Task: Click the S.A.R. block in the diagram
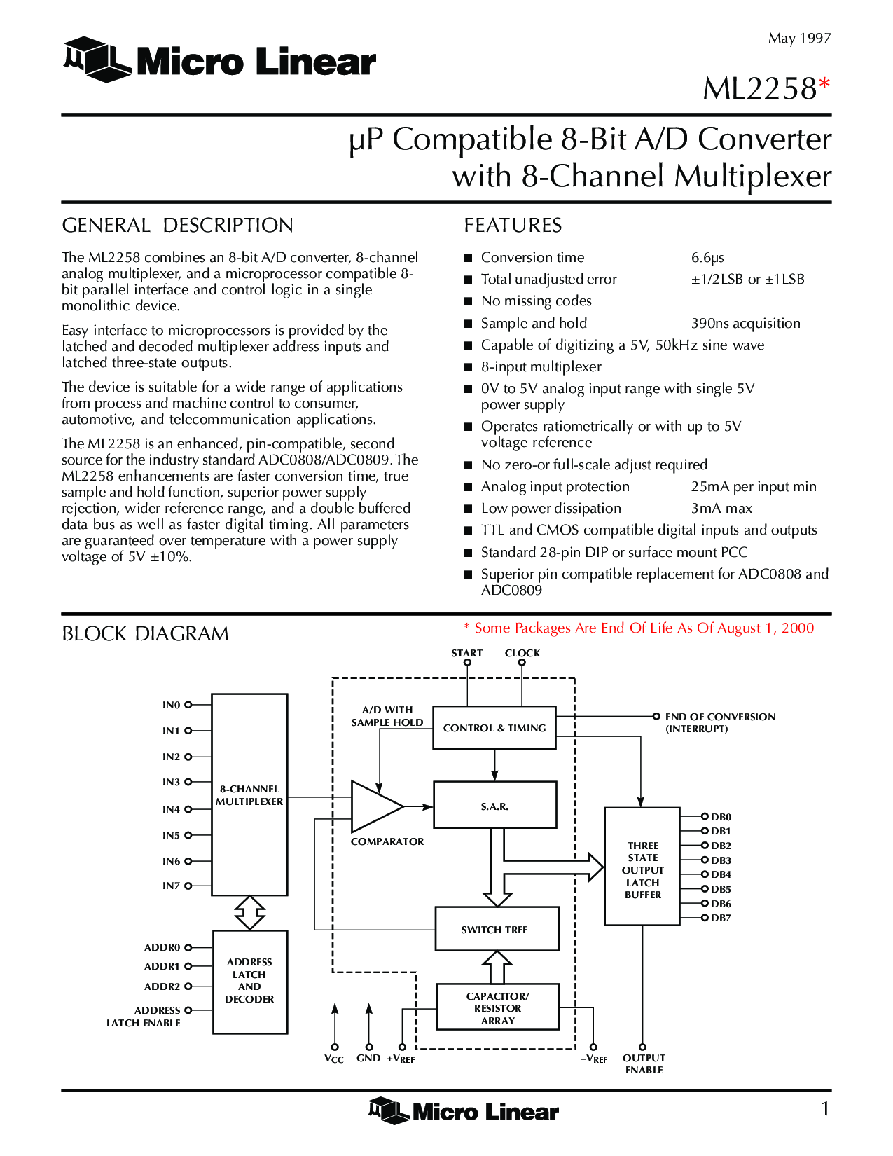[494, 805]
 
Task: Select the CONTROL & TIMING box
[494, 728]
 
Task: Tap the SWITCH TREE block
[497, 929]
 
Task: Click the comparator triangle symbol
[375, 806]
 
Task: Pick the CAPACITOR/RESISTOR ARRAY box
[497, 1007]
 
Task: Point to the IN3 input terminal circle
[188, 782]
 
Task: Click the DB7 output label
[721, 918]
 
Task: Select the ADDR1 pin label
[162, 966]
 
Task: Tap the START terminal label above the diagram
[467, 653]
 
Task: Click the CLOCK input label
[522, 653]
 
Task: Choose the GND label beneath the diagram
[368, 1058]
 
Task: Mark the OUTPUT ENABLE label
[644, 1064]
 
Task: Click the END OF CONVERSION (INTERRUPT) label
[720, 722]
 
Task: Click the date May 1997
[799, 39]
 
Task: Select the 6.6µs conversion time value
[707, 258]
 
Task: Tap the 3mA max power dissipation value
[721, 509]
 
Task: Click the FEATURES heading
[513, 226]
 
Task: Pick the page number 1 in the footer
[826, 1108]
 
